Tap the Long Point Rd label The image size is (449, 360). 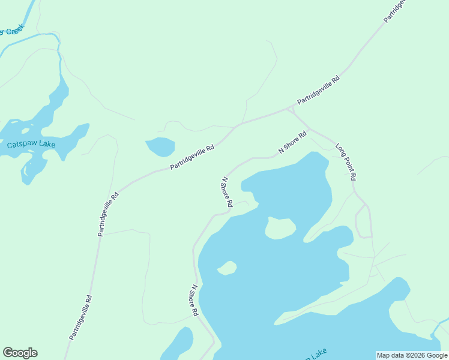click(346, 162)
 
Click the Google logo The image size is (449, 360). click(20, 353)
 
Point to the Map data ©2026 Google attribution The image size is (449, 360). click(412, 355)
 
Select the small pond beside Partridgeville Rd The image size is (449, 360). click(160, 146)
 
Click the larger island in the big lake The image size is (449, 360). click(280, 228)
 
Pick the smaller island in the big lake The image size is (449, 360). click(226, 268)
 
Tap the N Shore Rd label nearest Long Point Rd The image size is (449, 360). click(292, 142)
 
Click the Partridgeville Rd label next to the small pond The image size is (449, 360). click(192, 157)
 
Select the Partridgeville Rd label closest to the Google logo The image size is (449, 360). click(80, 317)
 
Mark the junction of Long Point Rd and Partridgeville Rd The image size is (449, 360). click(291, 108)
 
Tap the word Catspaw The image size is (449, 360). click(18, 145)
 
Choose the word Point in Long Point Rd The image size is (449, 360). click(347, 163)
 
